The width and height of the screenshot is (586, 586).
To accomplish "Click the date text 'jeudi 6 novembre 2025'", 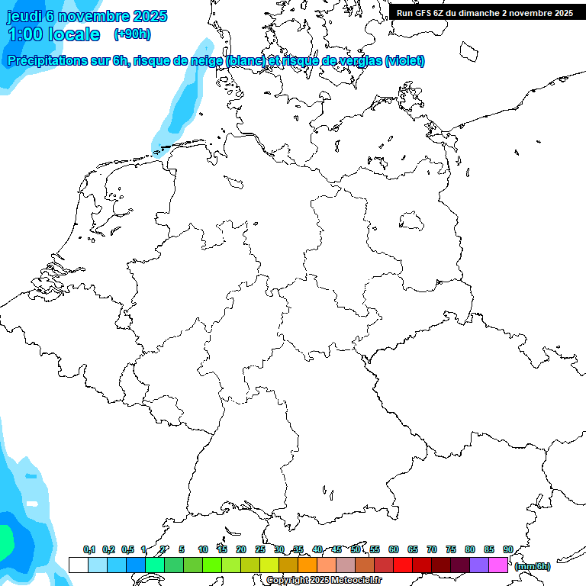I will tap(87, 16).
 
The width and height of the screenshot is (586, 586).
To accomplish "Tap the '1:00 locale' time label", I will tap(53, 34).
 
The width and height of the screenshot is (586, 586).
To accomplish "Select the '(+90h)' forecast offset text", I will tap(132, 34).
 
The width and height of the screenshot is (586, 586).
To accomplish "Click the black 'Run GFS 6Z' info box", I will tap(485, 12).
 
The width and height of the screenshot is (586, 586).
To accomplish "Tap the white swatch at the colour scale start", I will tap(78, 565).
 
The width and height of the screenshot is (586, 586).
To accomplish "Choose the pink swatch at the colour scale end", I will tap(498, 565).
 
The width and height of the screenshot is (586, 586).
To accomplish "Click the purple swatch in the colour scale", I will tap(479, 565).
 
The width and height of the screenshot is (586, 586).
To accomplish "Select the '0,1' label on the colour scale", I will tap(89, 549).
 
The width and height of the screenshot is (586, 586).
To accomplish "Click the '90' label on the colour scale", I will tap(507, 549).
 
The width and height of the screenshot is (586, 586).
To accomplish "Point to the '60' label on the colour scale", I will tap(393, 549).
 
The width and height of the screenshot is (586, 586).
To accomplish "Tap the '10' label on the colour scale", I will tap(202, 549).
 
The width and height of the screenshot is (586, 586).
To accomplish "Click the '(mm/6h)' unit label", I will tap(533, 566).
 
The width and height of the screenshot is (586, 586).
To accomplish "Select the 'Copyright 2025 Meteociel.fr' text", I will tap(324, 580).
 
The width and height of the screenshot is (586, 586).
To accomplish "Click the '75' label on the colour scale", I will tap(450, 549).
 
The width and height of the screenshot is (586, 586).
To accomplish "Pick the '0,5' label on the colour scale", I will tap(127, 549).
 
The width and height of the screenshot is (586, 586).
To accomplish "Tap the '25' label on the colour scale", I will tap(259, 549).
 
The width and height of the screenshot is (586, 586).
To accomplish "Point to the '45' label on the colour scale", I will tap(336, 549).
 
